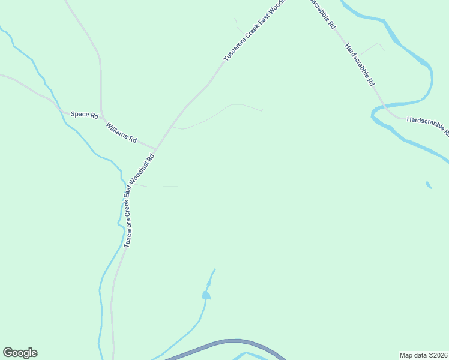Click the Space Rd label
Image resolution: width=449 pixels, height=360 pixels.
pos(84,114)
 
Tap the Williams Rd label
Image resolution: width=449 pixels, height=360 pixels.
pos(121,132)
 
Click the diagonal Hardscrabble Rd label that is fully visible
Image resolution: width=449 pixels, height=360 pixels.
pos(361,66)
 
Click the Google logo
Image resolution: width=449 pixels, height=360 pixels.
pos(20,353)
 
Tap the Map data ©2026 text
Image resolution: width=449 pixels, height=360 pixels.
pos(423,355)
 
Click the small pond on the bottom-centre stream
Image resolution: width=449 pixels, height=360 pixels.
pos(206,295)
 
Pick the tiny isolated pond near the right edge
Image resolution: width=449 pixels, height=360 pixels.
pos(429,185)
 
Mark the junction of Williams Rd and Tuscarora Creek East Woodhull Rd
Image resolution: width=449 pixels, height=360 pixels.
pos(155,149)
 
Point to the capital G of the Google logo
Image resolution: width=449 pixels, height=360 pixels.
pos(8,353)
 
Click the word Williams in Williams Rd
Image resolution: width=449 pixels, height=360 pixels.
pos(118,130)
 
